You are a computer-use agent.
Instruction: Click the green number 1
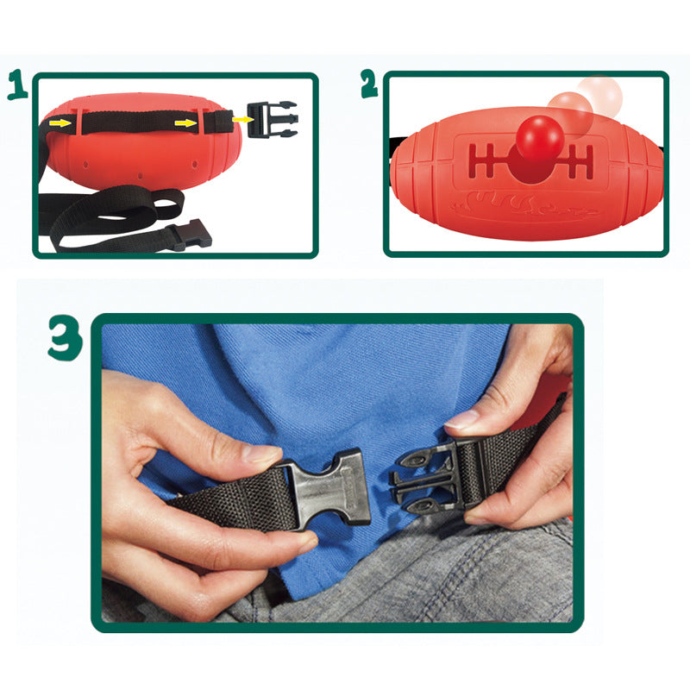coord(17,85)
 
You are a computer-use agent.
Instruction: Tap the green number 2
coord(369,84)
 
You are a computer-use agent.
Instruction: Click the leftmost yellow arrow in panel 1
coord(60,122)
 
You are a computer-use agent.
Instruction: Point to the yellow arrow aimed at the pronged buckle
coord(242,119)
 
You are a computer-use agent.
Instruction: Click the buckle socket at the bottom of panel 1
coord(190,235)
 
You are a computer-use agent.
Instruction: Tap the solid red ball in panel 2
coord(540,138)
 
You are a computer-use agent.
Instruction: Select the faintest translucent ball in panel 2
coord(600,97)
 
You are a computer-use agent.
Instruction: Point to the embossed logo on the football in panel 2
coord(524,206)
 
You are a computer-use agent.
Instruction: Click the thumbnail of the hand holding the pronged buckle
coord(461,419)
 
